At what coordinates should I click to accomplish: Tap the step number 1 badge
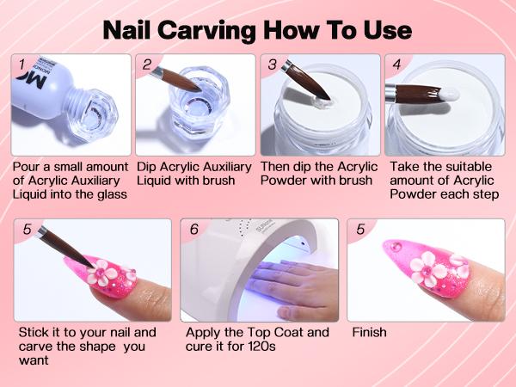coord(21,64)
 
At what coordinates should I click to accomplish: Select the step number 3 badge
coord(272,64)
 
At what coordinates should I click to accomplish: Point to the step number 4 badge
coord(396,64)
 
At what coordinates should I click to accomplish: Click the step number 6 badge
coord(193,230)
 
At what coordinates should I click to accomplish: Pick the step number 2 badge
coord(147,64)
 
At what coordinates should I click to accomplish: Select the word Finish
coord(369,332)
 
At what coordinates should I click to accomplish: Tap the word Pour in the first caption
coord(28,166)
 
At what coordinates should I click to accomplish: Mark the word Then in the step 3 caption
coord(278,166)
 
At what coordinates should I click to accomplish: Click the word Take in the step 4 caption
coord(403,166)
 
